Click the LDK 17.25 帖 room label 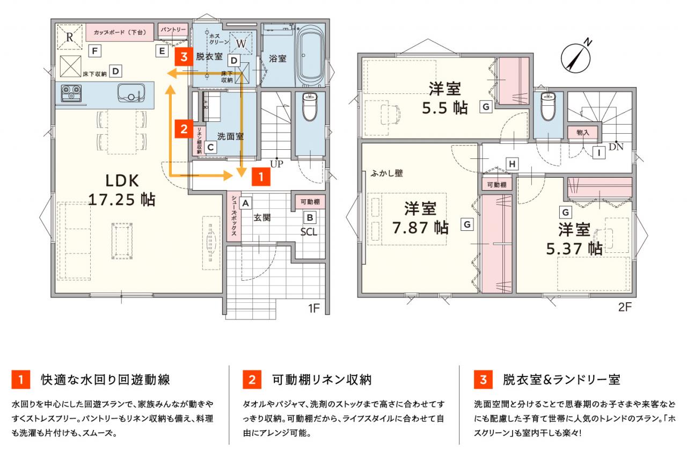[x=122, y=190]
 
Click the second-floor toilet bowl [x=548, y=106]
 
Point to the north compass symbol [x=576, y=57]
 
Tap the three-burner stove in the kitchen [x=71, y=93]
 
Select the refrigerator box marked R [x=70, y=37]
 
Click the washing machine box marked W [x=241, y=43]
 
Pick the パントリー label [x=173, y=30]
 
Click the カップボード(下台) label [x=120, y=32]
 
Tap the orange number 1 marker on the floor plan [x=261, y=177]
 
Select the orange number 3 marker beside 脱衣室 [x=184, y=57]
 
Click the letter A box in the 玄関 [x=245, y=203]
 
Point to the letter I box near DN [x=598, y=152]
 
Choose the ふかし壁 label [x=386, y=173]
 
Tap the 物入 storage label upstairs [x=583, y=133]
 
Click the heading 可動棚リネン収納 [x=321, y=380]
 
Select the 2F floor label [x=625, y=307]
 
